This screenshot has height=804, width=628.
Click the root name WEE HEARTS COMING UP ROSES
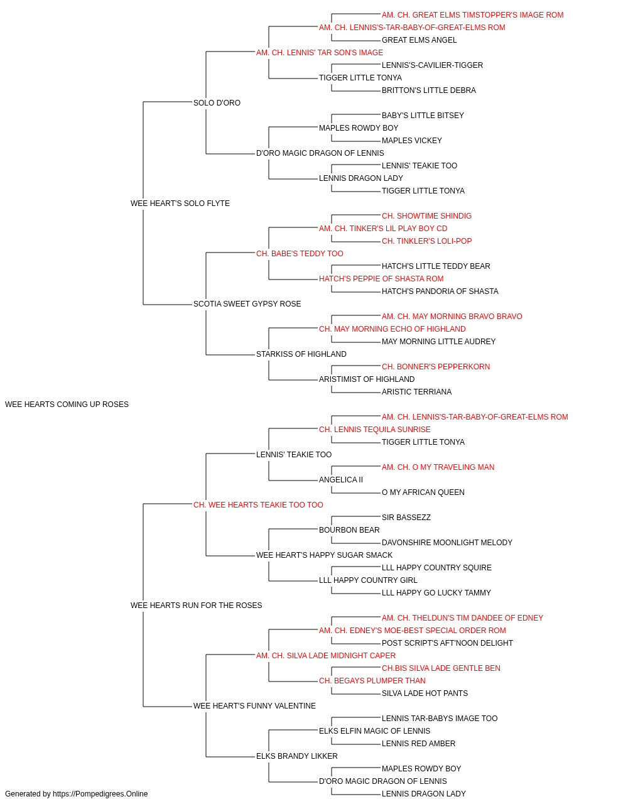67,405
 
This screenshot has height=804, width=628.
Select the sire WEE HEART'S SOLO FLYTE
180,203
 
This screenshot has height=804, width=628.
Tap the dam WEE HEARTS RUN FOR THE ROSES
196,606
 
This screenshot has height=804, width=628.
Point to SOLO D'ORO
217,103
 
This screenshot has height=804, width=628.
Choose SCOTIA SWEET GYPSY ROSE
247,304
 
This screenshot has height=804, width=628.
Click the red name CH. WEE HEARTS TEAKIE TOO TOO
258,504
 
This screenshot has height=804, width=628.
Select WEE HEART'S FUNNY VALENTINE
254,705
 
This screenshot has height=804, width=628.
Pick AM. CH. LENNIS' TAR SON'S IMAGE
320,53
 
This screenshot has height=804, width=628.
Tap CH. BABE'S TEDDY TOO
300,253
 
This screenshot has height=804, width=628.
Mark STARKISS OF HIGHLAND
301,354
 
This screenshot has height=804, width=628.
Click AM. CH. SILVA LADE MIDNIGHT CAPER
326,656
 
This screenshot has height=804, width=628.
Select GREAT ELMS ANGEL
419,40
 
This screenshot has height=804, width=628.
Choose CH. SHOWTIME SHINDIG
426,215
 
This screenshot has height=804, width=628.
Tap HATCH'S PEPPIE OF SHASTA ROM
381,279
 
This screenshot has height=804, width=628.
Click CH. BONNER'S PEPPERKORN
436,367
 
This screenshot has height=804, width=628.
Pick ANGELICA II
340,479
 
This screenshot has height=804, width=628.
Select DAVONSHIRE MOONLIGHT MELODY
447,543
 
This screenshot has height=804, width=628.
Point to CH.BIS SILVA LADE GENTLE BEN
441,668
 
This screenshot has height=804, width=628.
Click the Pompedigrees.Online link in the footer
100,794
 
